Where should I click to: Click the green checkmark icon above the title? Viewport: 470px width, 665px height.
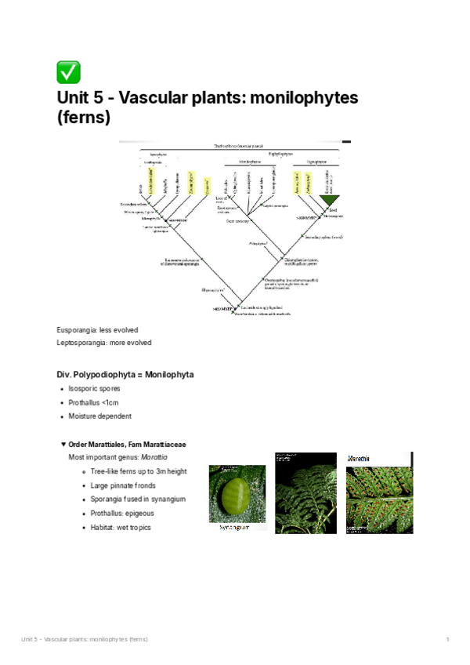click(x=68, y=73)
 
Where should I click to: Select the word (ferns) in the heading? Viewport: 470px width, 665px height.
click(x=84, y=118)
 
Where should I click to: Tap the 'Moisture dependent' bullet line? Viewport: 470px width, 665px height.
click(x=99, y=416)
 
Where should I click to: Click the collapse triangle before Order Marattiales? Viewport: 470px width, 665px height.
click(x=63, y=444)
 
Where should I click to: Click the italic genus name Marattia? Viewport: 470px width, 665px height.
click(x=154, y=457)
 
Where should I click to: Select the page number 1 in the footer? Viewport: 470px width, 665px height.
click(x=446, y=640)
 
